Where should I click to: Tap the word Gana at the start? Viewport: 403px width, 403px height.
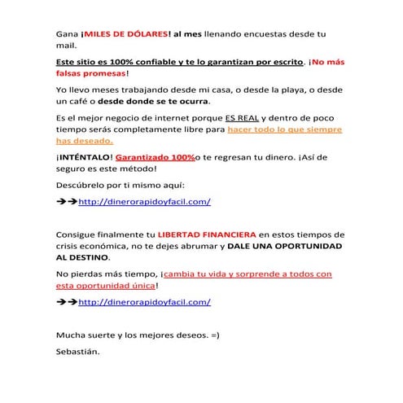click(x=67, y=34)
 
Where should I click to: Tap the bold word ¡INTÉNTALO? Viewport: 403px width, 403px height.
click(x=85, y=156)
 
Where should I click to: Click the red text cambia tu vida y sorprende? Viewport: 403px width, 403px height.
click(x=244, y=274)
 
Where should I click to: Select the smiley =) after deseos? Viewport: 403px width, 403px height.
click(x=214, y=335)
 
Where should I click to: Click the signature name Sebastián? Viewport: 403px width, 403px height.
click(x=77, y=352)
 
